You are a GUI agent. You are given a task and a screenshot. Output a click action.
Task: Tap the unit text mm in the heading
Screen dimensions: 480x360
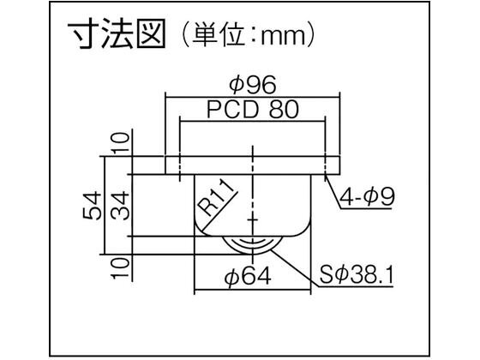[x=283, y=37]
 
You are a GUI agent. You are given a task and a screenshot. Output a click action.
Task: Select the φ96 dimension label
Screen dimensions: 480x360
[x=253, y=85]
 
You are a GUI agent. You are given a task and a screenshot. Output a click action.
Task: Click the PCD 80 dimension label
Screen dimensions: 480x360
[x=253, y=109]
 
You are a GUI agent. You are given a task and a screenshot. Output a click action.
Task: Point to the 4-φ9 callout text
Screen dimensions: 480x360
[x=367, y=197]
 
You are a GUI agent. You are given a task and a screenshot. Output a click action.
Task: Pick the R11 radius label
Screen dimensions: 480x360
[x=217, y=198]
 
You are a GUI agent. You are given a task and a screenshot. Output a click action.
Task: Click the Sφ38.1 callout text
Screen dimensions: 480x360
[x=357, y=275]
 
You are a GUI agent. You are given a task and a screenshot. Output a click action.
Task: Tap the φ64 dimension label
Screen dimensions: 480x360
[x=248, y=276]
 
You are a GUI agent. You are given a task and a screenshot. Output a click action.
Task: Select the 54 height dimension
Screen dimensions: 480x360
[x=92, y=206]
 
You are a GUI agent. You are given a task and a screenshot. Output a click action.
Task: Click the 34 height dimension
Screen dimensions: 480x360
[x=120, y=206]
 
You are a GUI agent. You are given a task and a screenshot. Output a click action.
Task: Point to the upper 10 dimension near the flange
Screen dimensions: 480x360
[x=120, y=142]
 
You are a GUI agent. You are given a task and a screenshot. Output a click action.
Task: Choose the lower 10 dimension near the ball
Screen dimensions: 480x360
[x=120, y=268]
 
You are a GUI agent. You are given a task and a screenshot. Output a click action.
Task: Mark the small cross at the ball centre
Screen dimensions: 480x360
[x=253, y=219]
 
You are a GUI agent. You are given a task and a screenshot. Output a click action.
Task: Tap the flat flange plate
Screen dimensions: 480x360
[x=253, y=165]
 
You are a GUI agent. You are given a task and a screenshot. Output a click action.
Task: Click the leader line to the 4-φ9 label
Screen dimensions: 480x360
[x=333, y=191]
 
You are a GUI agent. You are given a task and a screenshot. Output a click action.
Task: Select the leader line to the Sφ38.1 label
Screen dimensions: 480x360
[x=295, y=267]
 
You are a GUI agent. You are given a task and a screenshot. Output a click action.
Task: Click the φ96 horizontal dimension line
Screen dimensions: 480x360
[x=253, y=97]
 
